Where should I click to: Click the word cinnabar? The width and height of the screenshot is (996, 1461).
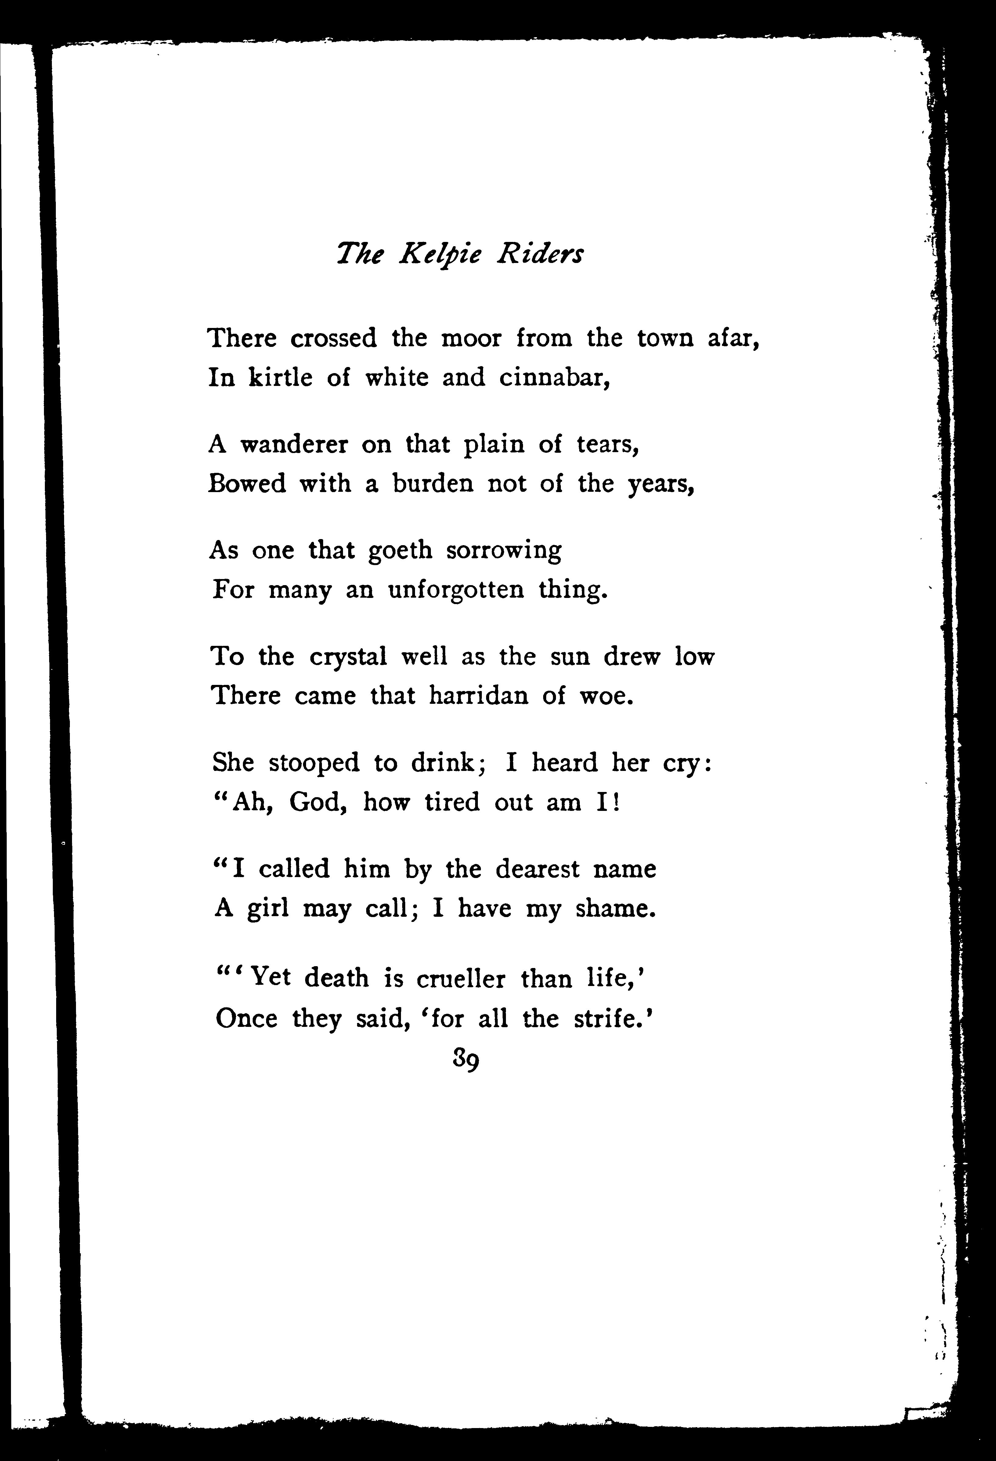pos(554,378)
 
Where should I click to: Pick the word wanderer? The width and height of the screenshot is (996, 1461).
pos(294,444)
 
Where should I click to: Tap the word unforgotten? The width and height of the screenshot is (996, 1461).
pos(456,590)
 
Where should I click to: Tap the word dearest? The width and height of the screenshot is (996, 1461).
pos(538,869)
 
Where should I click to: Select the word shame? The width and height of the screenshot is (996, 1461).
pos(615,909)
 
